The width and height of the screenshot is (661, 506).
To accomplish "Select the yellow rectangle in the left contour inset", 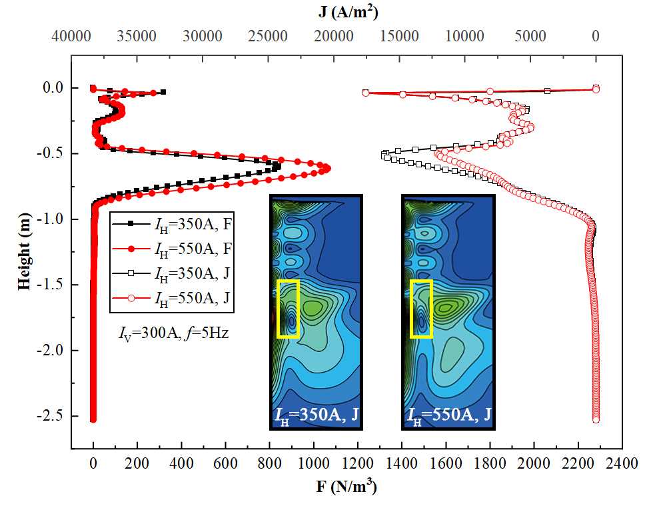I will (x=288, y=309).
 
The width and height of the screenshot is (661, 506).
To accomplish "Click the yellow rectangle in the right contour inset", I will (x=421, y=309).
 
